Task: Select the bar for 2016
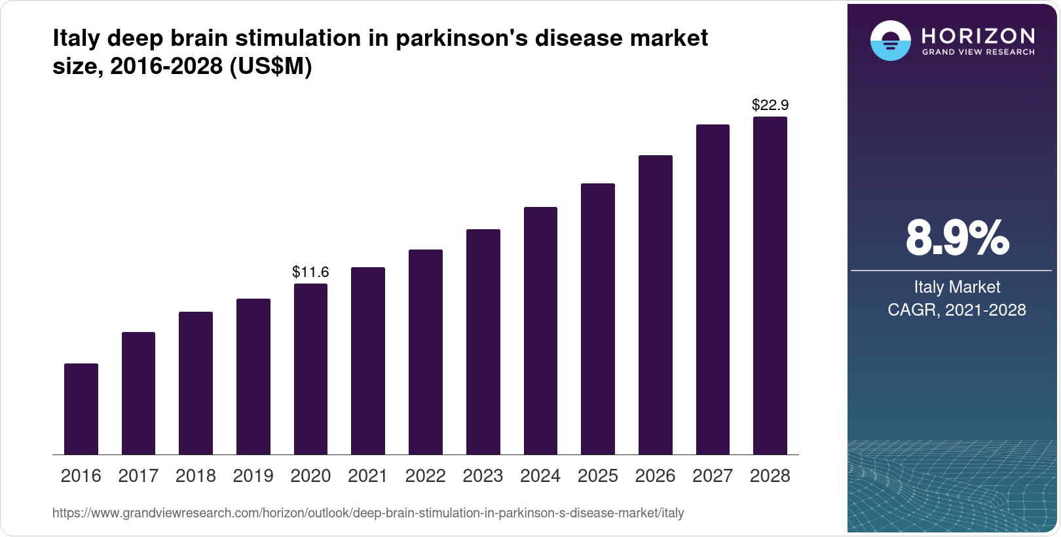click(81, 409)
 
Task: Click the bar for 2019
click(253, 377)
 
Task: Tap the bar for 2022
click(426, 352)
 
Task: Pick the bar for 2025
click(598, 319)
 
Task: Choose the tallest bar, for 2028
click(770, 286)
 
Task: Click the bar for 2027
click(713, 289)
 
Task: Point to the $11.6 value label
click(310, 272)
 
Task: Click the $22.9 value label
click(770, 105)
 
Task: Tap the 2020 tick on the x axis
click(310, 476)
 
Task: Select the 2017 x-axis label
click(138, 476)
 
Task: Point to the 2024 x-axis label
click(540, 476)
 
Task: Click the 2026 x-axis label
click(655, 476)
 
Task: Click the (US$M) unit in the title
click(270, 66)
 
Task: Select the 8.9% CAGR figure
click(957, 238)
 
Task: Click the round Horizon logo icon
click(890, 41)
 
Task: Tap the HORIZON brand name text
click(978, 35)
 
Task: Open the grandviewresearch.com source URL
click(368, 513)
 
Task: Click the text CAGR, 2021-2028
click(957, 310)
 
